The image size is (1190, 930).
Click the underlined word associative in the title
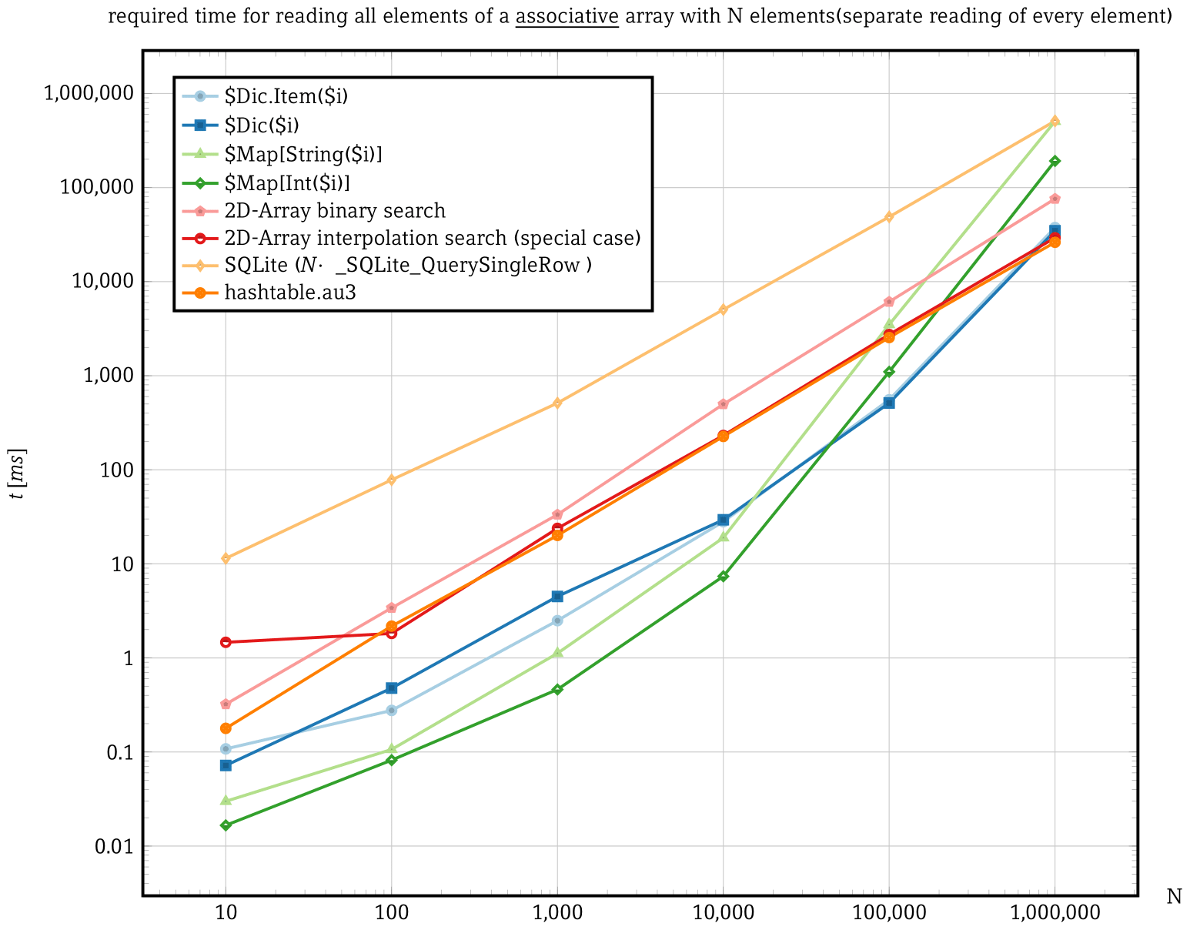567,16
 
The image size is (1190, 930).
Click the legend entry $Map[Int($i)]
287,182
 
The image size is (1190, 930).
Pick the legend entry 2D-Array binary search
335,210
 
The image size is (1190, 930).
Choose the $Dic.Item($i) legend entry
286,96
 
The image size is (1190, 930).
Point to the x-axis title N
1174,897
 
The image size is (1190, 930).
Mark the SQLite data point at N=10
226,558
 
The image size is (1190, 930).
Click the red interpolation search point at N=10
226,642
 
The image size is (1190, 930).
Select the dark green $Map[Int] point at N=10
226,825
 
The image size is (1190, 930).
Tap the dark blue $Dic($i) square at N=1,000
557,597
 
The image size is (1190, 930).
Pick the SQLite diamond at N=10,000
723,309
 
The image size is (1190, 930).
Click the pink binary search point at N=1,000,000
1055,199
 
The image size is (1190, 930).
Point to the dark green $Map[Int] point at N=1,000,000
1055,161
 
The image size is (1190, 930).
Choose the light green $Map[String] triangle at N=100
391,748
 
